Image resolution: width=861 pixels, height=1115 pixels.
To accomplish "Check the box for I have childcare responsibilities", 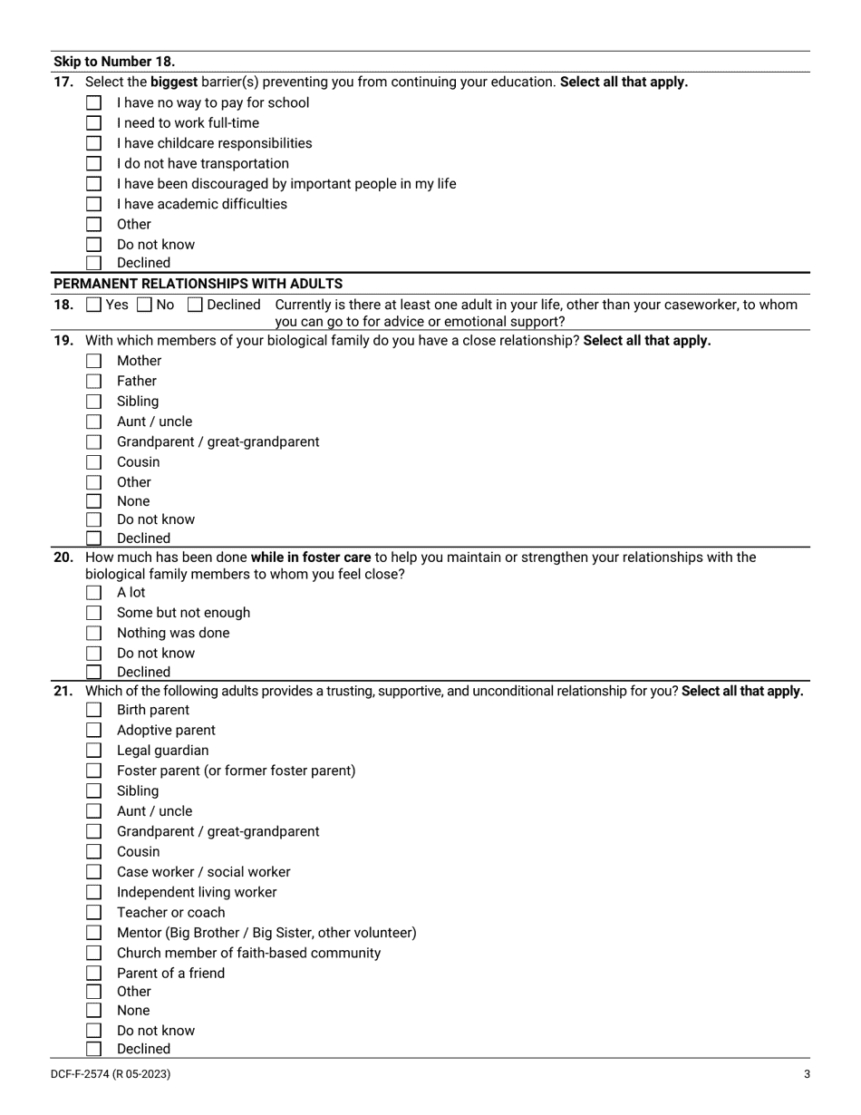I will coord(93,143).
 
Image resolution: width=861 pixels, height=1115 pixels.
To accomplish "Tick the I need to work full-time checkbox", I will coord(93,123).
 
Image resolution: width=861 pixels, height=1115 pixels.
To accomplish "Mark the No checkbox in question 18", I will coord(144,305).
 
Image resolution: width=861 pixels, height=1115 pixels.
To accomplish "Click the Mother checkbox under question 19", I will coord(93,361).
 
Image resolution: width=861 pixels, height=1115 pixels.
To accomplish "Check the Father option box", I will coord(93,382).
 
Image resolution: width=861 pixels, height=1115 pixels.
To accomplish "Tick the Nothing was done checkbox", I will coord(93,634).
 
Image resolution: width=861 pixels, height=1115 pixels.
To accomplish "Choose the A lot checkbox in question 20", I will coord(93,593).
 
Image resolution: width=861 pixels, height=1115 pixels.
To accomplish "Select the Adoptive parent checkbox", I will coord(93,731).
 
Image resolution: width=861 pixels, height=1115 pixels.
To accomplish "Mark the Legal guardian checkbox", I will coord(93,751).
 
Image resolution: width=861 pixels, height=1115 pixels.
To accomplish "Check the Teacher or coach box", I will coord(93,913).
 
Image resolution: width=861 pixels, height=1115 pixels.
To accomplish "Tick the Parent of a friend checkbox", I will coord(93,974).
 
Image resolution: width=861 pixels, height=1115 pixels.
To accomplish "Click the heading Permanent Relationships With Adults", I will coord(198,284).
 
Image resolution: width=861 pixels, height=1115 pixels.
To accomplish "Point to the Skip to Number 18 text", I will coord(114,62).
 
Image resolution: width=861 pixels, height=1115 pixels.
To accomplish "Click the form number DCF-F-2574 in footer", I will coord(110,1074).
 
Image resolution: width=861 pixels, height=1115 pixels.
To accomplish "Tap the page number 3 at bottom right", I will coord(807,1074).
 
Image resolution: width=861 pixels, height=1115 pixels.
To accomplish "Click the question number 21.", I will coord(63,691).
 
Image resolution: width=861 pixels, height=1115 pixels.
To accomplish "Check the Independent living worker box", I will coord(93,893).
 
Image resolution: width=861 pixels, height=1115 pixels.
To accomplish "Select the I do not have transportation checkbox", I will coord(93,164).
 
